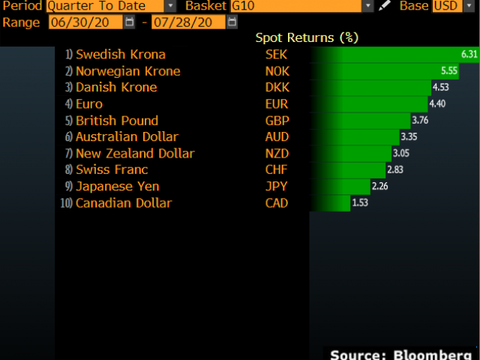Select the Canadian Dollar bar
coord(330,203)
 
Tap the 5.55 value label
coord(449,71)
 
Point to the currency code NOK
coord(277,71)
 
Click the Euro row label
coord(89,104)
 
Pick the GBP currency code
coord(277,121)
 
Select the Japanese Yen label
coord(118,187)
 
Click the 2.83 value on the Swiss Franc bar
coord(395,170)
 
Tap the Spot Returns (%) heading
coord(307,37)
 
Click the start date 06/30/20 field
coord(85,22)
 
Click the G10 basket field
coord(295,6)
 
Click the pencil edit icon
coord(385,6)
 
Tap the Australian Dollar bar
coord(352,137)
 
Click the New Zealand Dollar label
coord(135,154)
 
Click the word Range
coord(22,22)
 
